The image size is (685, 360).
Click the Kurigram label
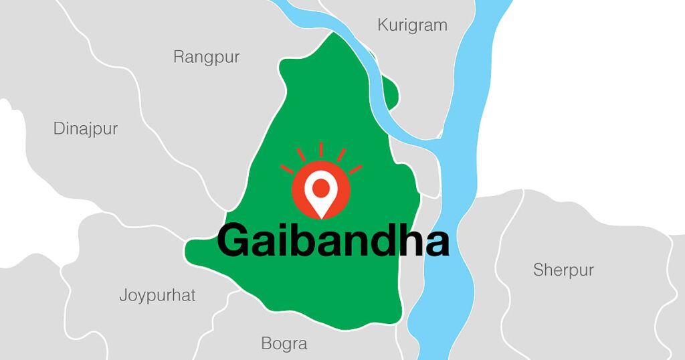point(412,26)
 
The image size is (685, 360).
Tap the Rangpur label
point(206,57)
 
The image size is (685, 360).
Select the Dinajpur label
point(85,128)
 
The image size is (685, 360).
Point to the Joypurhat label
point(157,295)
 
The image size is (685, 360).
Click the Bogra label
point(284,344)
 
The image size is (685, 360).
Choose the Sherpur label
point(563,270)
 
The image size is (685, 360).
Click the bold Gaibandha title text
point(332,241)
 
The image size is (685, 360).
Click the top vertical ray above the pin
point(321,149)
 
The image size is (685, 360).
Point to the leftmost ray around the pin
point(287,169)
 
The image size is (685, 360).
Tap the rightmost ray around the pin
point(355,169)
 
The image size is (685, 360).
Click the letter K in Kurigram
point(383,26)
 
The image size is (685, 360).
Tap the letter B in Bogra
point(266,344)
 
